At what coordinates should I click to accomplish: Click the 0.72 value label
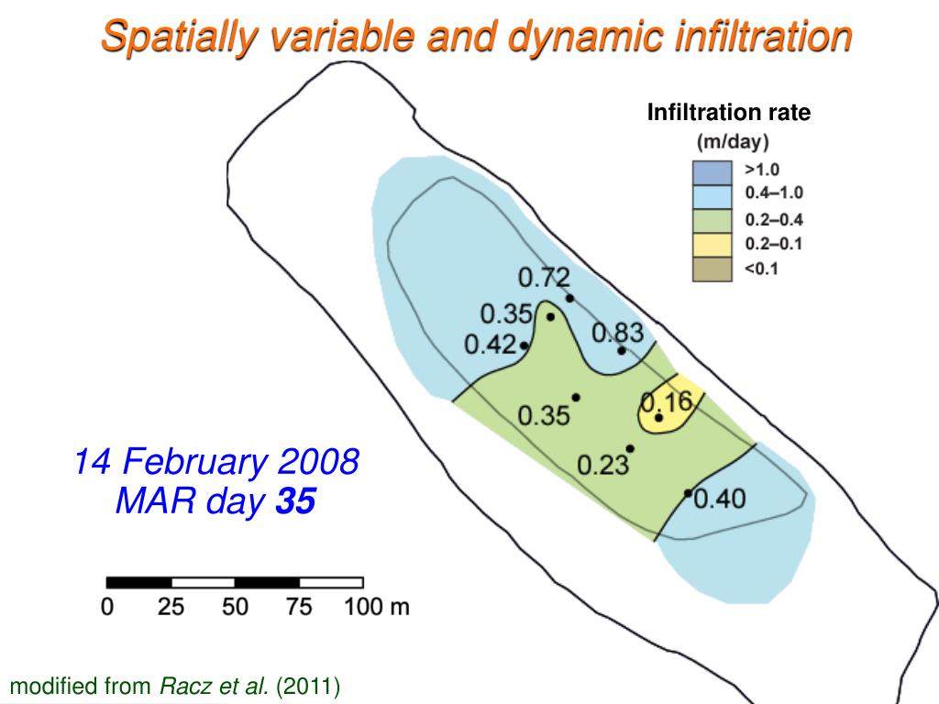pyautogui.click(x=544, y=277)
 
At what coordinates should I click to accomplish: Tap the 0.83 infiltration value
pyautogui.click(x=617, y=333)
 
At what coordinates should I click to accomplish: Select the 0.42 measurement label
pyautogui.click(x=491, y=345)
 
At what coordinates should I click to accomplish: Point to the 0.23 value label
pyautogui.click(x=602, y=465)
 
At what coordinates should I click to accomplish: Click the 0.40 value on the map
pyautogui.click(x=720, y=499)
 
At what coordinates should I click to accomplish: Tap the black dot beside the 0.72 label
pyautogui.click(x=569, y=298)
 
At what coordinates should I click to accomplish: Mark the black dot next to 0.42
pyautogui.click(x=524, y=346)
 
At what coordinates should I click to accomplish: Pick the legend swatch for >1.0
pyautogui.click(x=711, y=171)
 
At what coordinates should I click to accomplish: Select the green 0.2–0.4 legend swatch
pyautogui.click(x=711, y=221)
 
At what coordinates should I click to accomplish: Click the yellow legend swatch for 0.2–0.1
pyautogui.click(x=711, y=245)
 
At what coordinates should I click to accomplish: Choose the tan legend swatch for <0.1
pyautogui.click(x=711, y=269)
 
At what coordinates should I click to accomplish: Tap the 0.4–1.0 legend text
pyautogui.click(x=773, y=192)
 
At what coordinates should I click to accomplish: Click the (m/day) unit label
pyautogui.click(x=733, y=142)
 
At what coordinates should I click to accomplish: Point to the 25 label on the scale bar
pyautogui.click(x=171, y=607)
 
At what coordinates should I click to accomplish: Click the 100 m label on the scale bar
pyautogui.click(x=376, y=607)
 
